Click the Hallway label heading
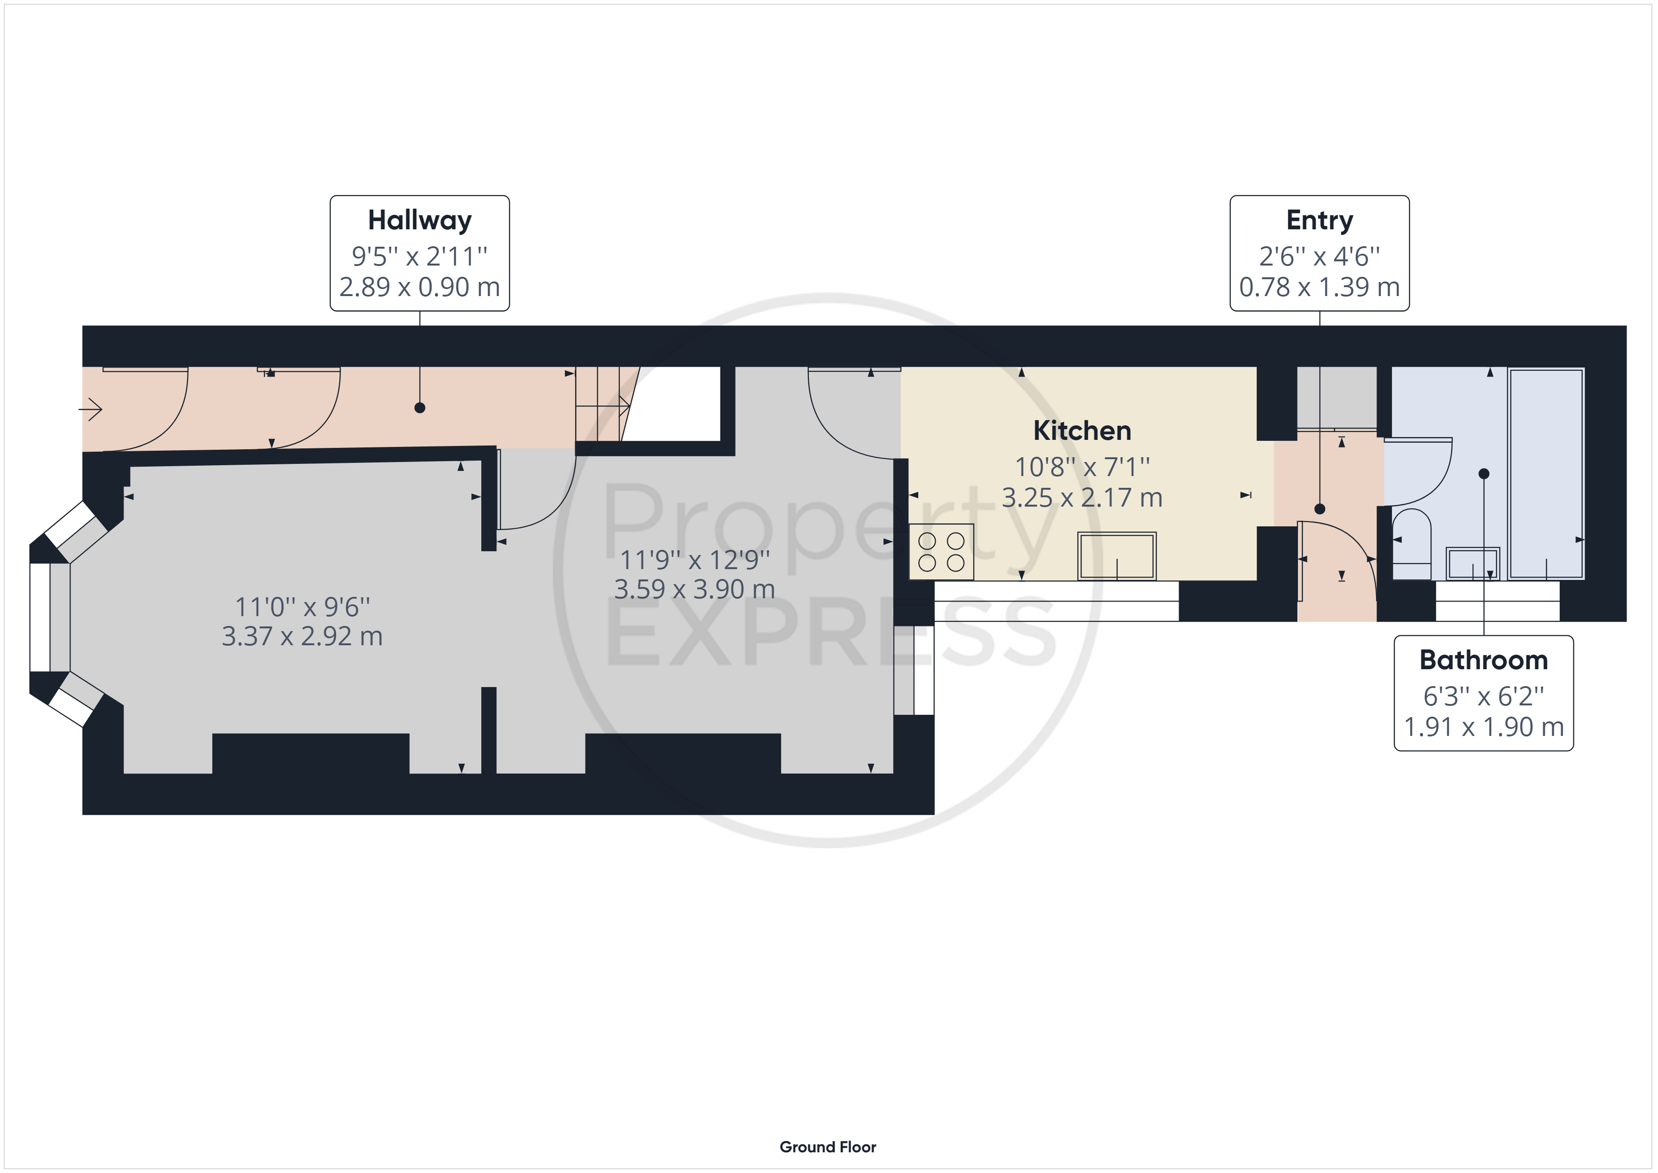[x=420, y=220]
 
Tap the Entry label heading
[x=1319, y=220]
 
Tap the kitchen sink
[x=1117, y=555]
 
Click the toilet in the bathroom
[x=1411, y=544]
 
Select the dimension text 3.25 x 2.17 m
[x=1082, y=498]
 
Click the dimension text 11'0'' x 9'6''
[x=303, y=607]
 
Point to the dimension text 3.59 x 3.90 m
[x=694, y=589]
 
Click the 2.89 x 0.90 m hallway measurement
[x=420, y=287]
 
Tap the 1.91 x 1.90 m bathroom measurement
[x=1483, y=727]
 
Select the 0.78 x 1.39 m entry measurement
[x=1319, y=287]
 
